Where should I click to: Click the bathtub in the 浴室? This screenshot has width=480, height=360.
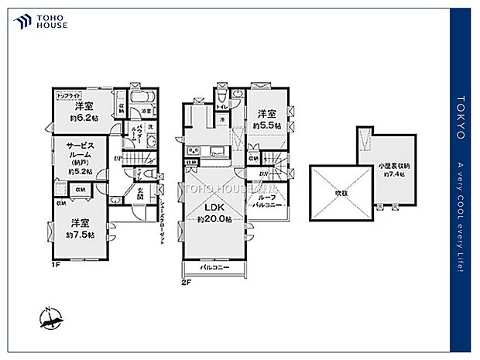(x=141, y=98)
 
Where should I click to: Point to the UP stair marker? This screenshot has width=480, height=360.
(x=117, y=159)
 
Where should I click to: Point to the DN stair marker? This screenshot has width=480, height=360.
(x=262, y=173)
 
